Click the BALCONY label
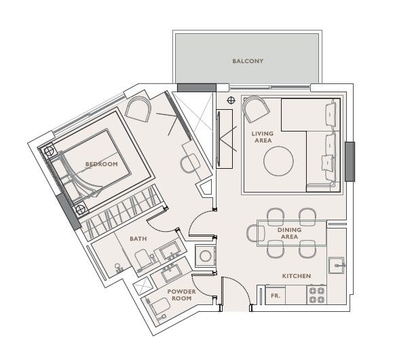tap(248, 61)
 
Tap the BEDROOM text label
tap(102, 164)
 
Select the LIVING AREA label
tap(263, 137)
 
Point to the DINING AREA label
tap(289, 233)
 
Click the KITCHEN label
tap(296, 276)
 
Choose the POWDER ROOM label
tap(181, 295)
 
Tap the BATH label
tap(138, 239)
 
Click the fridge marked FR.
tap(276, 296)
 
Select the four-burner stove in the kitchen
tap(317, 296)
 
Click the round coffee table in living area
tap(278, 161)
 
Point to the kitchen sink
tap(337, 265)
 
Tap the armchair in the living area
tap(255, 109)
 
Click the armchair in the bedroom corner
tap(138, 109)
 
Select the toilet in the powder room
tap(159, 306)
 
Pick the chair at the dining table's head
tap(256, 233)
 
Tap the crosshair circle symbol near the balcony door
tap(231, 100)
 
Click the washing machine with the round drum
tap(206, 256)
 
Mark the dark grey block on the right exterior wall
tap(350, 161)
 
